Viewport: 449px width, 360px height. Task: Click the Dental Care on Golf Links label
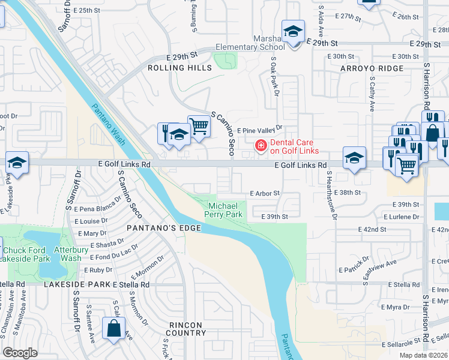tap(294, 146)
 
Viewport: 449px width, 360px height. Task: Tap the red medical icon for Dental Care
tap(261, 145)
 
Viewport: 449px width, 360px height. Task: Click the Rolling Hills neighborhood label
tap(180, 68)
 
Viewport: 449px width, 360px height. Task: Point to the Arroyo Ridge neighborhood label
tap(372, 68)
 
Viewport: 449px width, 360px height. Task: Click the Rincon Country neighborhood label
tap(186, 329)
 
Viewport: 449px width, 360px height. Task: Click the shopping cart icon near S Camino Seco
tap(199, 126)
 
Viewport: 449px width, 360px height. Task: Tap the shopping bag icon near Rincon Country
tap(113, 329)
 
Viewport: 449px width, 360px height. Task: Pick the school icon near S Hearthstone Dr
tap(354, 158)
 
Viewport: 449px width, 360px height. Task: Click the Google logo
tap(20, 353)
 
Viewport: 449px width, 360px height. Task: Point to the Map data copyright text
tap(423, 355)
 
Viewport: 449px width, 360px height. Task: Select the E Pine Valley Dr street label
tap(259, 129)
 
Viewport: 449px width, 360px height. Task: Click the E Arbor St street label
tap(264, 193)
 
